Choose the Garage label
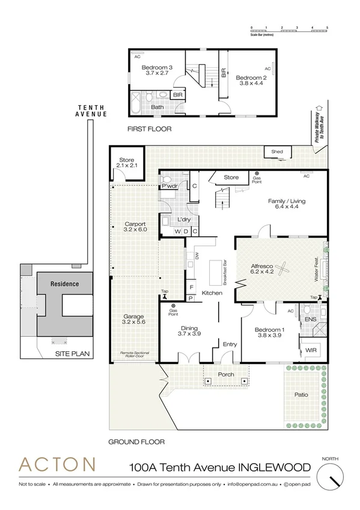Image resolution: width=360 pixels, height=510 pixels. click(x=135, y=317)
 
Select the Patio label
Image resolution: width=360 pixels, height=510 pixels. click(x=302, y=395)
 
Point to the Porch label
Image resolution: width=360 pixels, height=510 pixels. click(x=226, y=375)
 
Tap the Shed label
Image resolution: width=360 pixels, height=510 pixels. click(x=277, y=152)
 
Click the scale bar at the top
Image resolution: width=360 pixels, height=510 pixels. click(x=289, y=29)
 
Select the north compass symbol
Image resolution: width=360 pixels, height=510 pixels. click(x=332, y=479)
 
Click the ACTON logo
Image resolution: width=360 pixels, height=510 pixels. click(x=57, y=465)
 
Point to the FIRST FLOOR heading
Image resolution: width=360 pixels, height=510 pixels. click(x=150, y=129)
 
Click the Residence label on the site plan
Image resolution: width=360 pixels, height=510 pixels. click(x=65, y=284)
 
